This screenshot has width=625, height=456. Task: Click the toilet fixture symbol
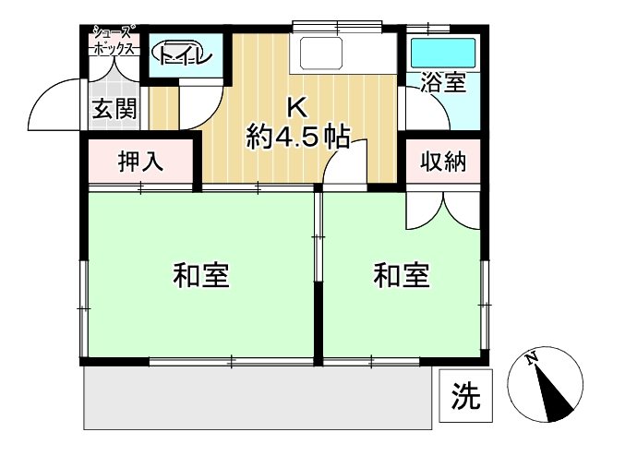(x=182, y=54)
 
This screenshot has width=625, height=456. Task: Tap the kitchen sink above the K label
(x=321, y=53)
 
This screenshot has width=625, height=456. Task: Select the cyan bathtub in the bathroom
(x=443, y=53)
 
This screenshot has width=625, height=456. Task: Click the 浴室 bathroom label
(x=444, y=82)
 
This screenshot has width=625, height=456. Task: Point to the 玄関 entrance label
(x=114, y=109)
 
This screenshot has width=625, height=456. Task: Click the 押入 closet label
(x=140, y=162)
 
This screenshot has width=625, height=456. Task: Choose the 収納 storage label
(x=443, y=162)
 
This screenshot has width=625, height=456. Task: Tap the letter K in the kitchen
(x=297, y=108)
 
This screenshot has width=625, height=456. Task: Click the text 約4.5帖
(x=298, y=138)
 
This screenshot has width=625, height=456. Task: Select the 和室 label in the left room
(x=201, y=275)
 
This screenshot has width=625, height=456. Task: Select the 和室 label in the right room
(x=402, y=275)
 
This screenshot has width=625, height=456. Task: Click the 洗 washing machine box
(x=465, y=396)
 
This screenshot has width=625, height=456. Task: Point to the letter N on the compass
(x=531, y=358)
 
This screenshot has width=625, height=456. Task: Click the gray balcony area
(x=258, y=398)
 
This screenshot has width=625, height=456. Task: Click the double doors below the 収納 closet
(x=443, y=211)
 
